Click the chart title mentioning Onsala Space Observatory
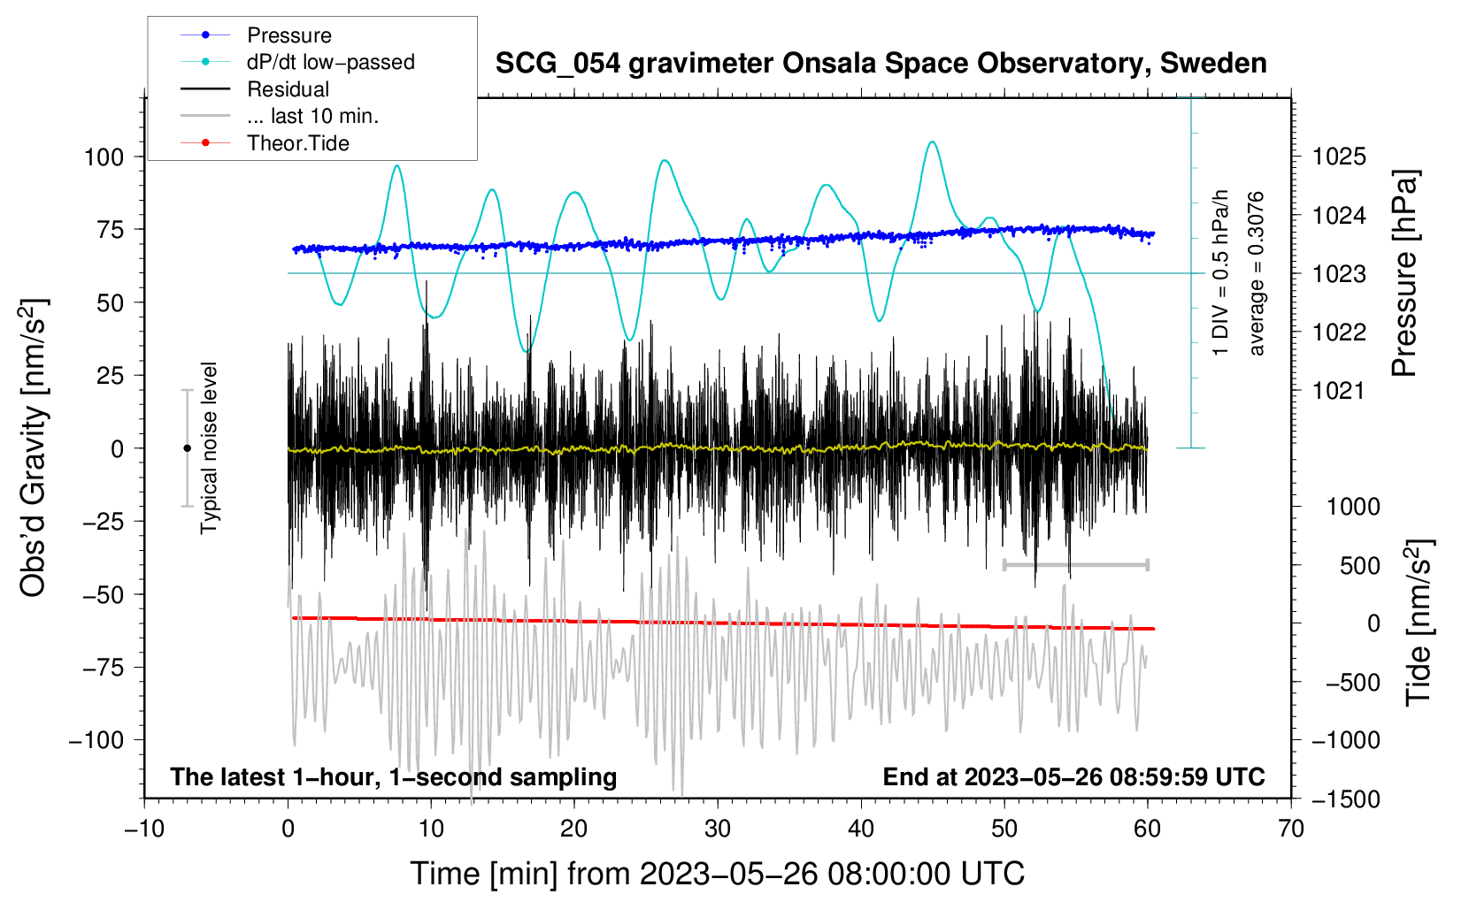881,64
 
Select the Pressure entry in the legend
288,35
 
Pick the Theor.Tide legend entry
297,143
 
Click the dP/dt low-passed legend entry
330,62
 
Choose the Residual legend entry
288,89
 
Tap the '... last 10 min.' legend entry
312,116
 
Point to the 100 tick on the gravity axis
104,157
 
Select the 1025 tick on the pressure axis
1339,157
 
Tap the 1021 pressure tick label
1339,391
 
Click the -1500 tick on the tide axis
1346,799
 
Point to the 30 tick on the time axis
718,829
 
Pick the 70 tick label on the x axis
1291,829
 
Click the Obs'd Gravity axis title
34,448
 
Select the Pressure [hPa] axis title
1405,274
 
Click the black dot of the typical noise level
187,448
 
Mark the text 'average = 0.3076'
1257,274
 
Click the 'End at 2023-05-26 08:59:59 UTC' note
1073,776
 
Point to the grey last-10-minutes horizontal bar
1075,564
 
